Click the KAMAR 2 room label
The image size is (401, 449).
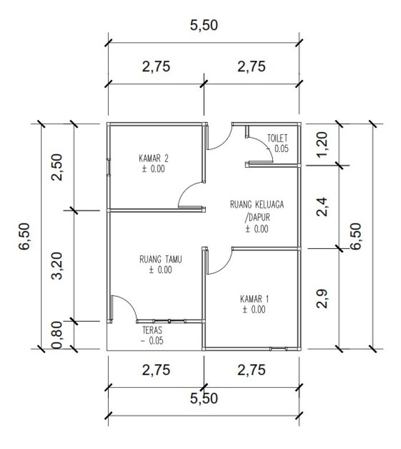(154, 158)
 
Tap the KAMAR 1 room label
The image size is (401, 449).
(254, 299)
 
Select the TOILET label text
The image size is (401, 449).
(277, 138)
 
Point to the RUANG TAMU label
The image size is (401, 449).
(160, 260)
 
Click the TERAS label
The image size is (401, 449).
(152, 330)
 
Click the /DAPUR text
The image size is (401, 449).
(257, 217)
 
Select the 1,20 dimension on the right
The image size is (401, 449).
(322, 144)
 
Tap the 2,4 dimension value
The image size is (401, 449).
(322, 206)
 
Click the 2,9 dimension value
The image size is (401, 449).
(322, 299)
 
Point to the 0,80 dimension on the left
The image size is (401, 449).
(57, 335)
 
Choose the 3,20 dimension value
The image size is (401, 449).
(57, 265)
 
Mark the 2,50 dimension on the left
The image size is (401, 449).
(57, 167)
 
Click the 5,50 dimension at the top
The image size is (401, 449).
(204, 25)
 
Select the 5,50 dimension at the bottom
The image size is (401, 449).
(204, 398)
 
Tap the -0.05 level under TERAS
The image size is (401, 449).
(152, 341)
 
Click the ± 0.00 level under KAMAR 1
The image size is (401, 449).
(254, 309)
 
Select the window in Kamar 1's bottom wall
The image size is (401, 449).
(278, 349)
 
